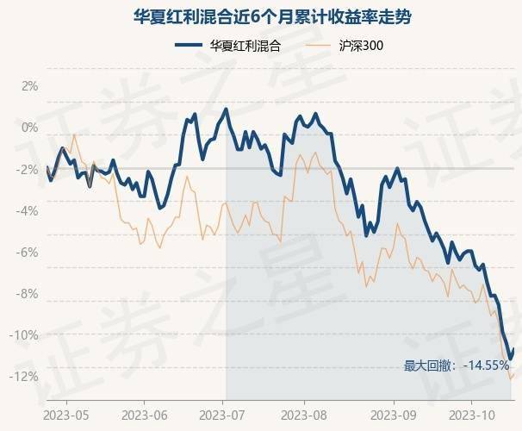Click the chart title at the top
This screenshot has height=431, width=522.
(x=261, y=16)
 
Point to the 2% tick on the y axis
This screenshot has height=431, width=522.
(x=30, y=86)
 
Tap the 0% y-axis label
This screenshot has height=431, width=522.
(x=30, y=128)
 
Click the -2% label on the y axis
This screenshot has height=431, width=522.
(x=28, y=169)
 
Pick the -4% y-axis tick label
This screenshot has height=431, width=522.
(x=28, y=210)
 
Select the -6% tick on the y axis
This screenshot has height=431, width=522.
(x=28, y=252)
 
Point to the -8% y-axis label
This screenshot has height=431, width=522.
(x=28, y=293)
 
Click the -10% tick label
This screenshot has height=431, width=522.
(x=25, y=334)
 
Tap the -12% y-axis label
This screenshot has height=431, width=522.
(x=25, y=376)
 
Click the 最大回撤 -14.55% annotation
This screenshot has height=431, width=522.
(x=457, y=366)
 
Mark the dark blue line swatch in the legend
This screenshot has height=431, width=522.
(x=190, y=45)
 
